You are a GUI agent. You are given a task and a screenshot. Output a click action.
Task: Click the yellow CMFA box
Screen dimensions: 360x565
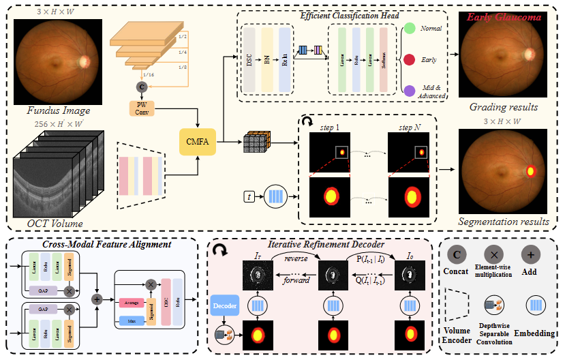198,142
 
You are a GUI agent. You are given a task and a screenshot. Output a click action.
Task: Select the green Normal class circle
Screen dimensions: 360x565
410,29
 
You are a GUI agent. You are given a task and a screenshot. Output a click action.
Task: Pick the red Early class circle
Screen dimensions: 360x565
410,59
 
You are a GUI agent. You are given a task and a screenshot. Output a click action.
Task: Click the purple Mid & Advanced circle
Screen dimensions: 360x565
410,90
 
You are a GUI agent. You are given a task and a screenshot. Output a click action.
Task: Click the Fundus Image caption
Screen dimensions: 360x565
59,110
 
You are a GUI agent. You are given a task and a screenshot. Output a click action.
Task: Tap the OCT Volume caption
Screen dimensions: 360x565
55,223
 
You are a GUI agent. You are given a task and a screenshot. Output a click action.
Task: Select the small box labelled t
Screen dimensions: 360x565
251,198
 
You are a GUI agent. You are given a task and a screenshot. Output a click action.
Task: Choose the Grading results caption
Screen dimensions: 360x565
503,108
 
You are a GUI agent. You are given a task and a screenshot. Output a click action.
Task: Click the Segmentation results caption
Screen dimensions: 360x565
503,221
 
